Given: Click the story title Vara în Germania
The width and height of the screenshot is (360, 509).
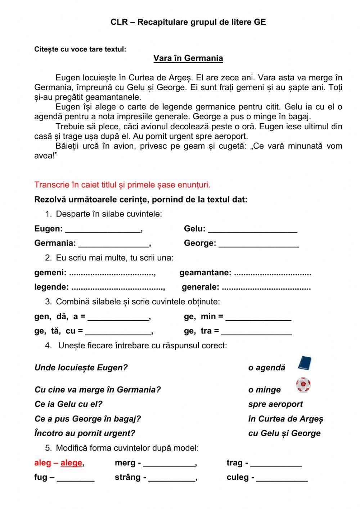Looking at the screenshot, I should coord(188,58).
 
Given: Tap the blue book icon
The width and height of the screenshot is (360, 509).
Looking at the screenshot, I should coord(304,363).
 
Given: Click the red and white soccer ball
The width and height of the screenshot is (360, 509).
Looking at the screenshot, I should coord(303,385).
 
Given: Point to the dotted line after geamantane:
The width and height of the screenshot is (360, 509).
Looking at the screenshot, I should coord(272,273).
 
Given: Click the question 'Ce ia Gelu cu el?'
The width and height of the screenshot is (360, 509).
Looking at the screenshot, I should coord(68,404).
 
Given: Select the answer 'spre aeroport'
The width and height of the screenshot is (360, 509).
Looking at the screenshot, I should coord(275,404).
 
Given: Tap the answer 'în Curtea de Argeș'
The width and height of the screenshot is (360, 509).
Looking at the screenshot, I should coord(285,419).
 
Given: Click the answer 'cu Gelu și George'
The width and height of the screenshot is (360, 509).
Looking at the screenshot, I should coord(284,433).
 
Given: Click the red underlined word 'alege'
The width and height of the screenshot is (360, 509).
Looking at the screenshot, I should coord(71,463).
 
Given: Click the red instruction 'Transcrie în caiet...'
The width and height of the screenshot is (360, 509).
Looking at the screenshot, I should coord(122,185).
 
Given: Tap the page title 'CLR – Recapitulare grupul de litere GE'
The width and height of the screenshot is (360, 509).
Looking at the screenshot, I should coord(188,22).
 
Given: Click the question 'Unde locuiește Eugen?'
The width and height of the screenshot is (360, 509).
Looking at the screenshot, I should coord(81,368).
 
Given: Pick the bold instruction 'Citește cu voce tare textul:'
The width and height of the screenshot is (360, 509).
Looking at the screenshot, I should coord(80,49).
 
